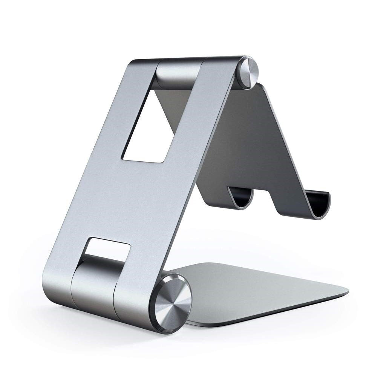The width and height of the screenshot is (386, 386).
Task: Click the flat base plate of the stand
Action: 260,290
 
